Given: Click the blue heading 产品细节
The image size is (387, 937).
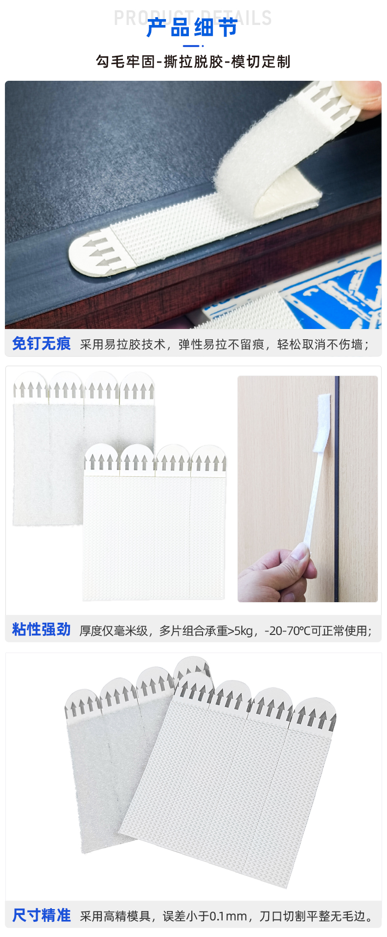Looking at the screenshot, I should pos(192,28).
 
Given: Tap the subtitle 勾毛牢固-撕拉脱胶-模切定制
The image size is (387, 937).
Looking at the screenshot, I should pos(193,62).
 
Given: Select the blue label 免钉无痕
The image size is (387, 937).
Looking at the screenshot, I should pos(42,344).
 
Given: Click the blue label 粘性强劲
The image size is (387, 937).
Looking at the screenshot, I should pos(42,630).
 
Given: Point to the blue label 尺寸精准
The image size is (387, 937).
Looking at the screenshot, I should pos(42,915).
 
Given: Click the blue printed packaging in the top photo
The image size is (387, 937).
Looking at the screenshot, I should pos(333,294).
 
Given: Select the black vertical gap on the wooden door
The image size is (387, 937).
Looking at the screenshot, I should pos(337,490).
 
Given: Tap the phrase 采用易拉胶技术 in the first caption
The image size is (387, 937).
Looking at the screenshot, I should pos(123,345).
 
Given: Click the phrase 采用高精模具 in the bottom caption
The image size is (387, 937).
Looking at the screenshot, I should pos(115,916).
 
